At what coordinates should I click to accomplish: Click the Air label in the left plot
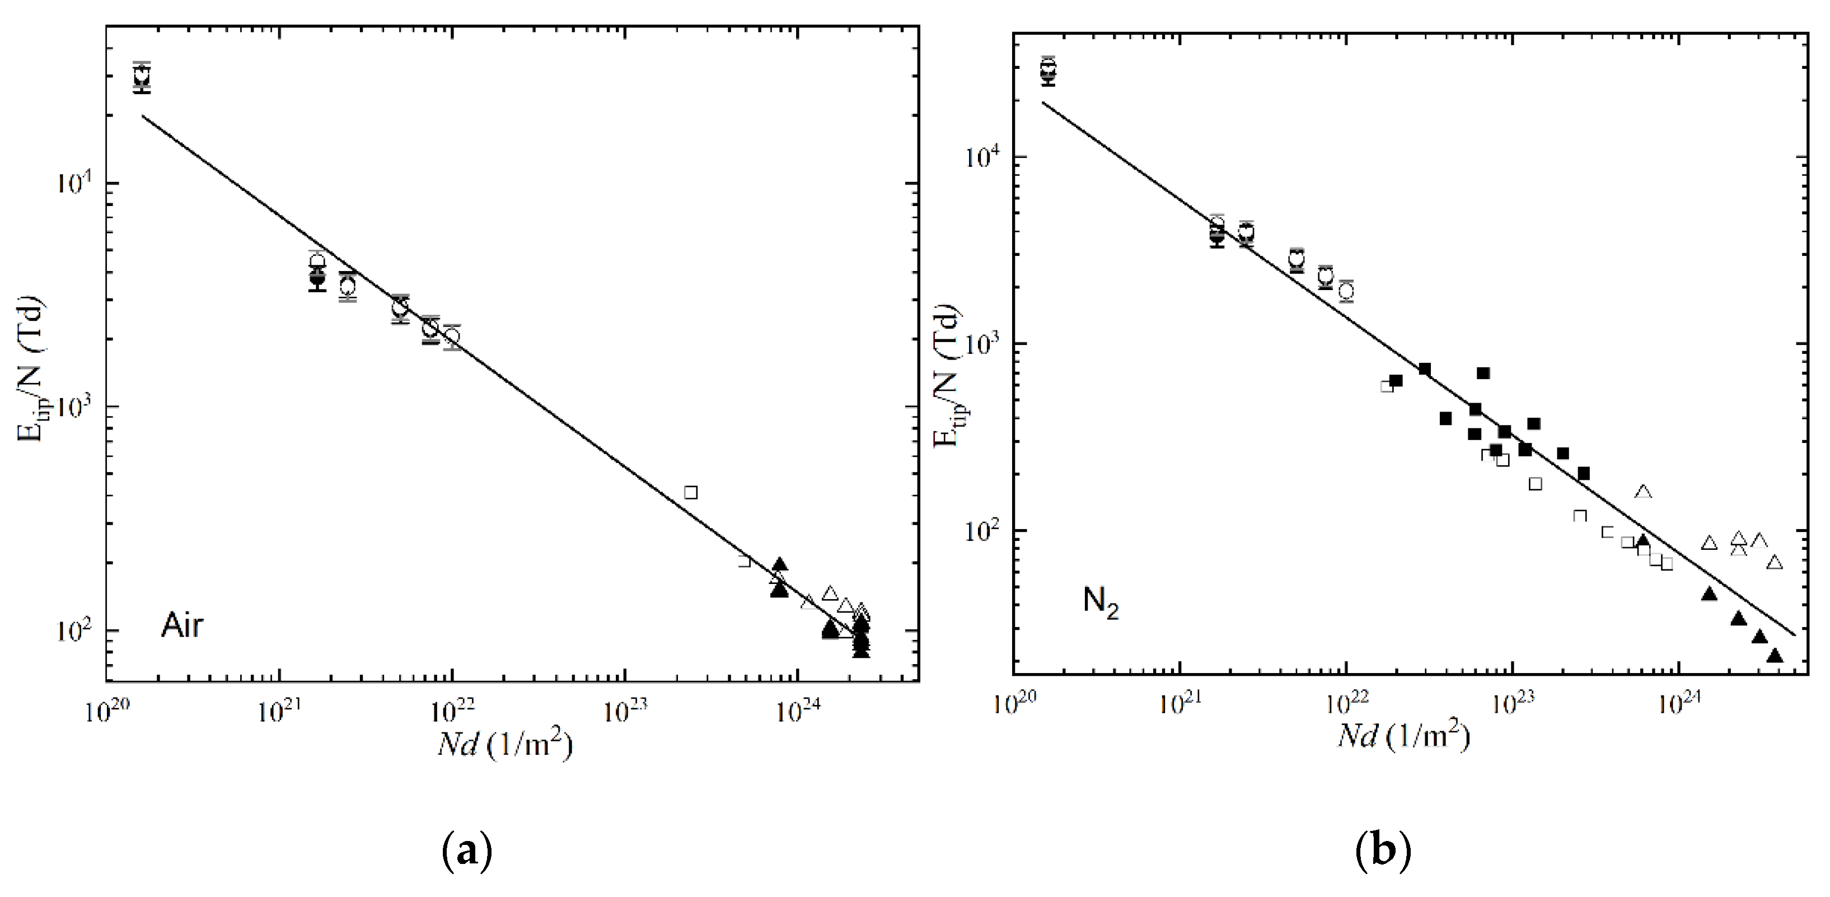pyautogui.click(x=182, y=626)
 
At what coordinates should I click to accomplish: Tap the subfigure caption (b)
pyautogui.click(x=1383, y=851)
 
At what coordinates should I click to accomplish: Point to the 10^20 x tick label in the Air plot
pyautogui.click(x=106, y=712)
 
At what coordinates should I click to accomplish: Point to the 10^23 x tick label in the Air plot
pyautogui.click(x=624, y=712)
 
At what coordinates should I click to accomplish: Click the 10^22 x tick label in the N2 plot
pyautogui.click(x=1344, y=704)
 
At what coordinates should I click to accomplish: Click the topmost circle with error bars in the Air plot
pyautogui.click(x=143, y=74)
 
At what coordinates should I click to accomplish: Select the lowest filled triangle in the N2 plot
pyautogui.click(x=1775, y=655)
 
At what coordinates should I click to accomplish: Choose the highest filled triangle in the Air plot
pyautogui.click(x=779, y=565)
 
